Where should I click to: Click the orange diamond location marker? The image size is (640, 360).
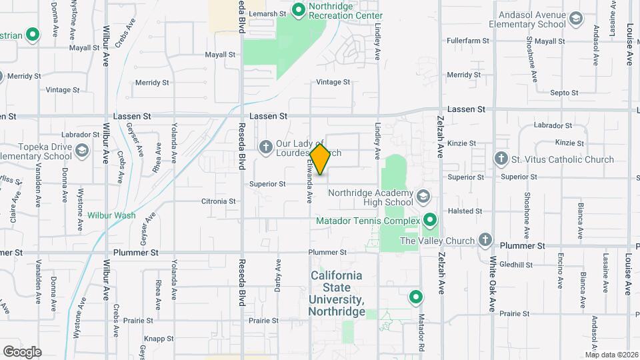[321, 159]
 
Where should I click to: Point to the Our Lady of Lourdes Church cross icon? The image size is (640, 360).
[265, 147]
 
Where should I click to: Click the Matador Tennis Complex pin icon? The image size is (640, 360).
[430, 220]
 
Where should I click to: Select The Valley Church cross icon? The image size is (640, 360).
[485, 240]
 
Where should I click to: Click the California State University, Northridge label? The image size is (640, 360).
[336, 293]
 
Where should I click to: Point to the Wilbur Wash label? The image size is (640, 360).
[111, 215]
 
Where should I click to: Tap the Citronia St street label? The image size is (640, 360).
[219, 201]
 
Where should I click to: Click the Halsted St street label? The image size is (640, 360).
[465, 211]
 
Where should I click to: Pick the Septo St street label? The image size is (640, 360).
[564, 93]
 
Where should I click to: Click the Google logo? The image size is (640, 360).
[22, 351]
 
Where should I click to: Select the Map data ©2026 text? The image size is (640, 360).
[611, 355]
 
